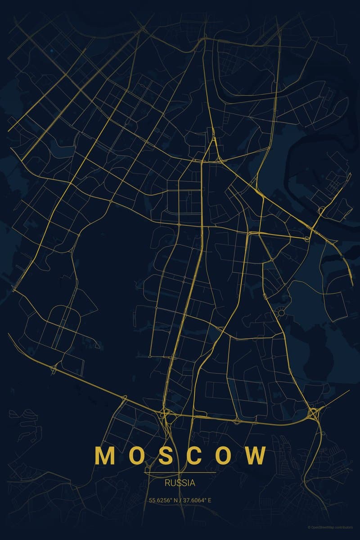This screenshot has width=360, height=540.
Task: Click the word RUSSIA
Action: pos(180,483)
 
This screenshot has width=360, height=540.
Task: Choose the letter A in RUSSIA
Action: pos(193,483)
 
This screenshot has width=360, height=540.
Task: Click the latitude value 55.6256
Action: pos(160,500)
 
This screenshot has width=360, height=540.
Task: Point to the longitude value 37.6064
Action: pos(194,500)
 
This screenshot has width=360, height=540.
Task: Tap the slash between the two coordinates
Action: pos(180,500)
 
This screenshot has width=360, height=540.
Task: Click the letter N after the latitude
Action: pos(175,500)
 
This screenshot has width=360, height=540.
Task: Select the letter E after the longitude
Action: pos(209,500)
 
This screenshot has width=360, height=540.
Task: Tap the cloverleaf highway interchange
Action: pos(313,413)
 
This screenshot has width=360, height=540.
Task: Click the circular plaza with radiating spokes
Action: pos(281,312)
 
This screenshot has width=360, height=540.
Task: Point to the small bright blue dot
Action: pos(51,51)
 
